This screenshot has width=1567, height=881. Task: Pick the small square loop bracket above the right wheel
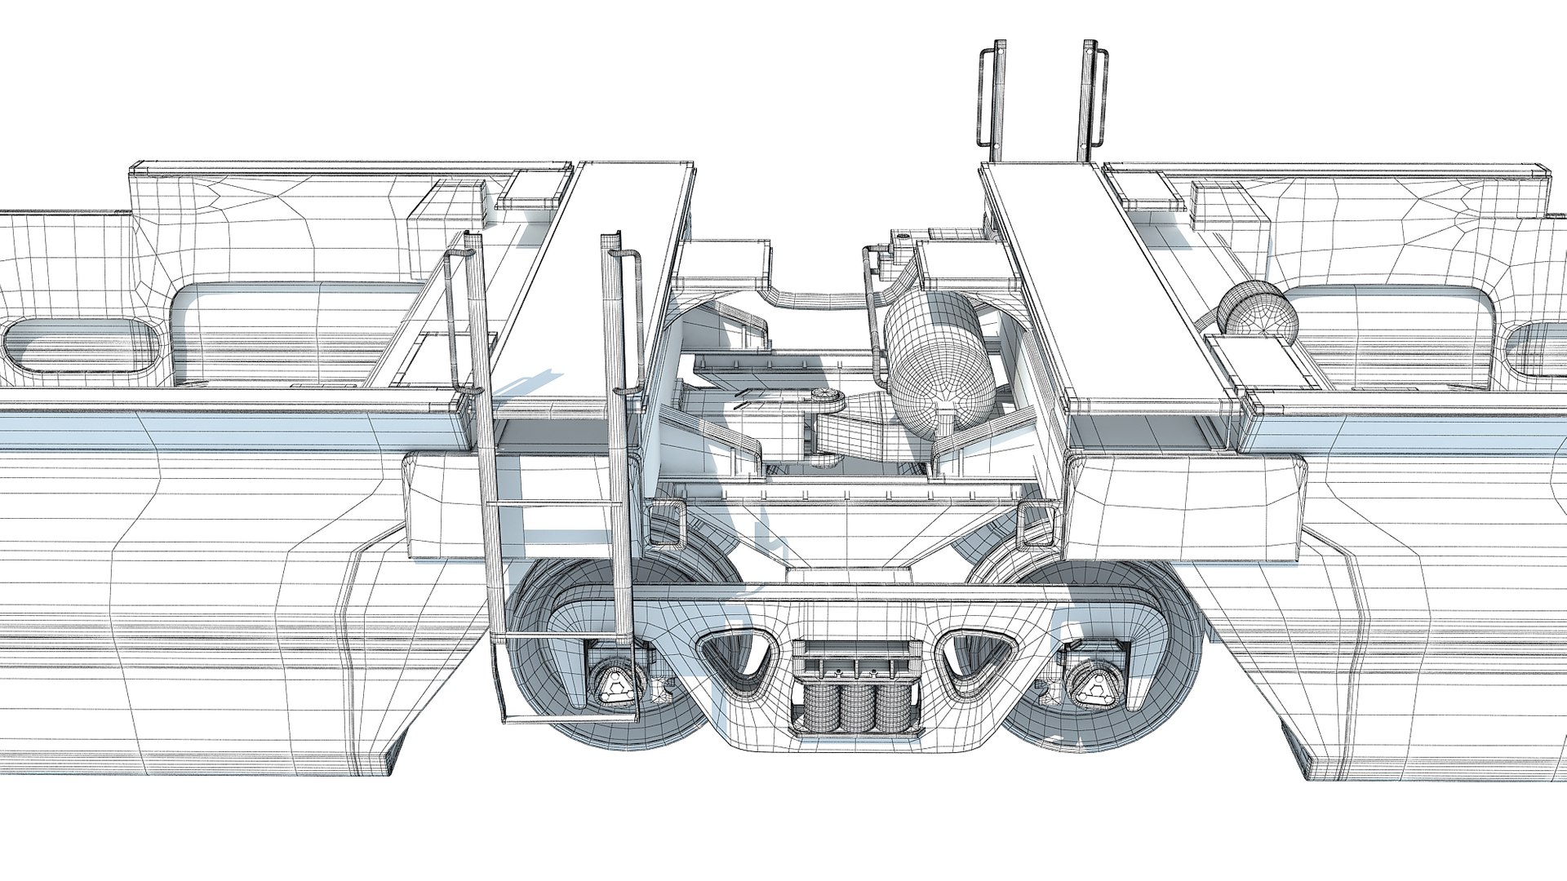(x=1035, y=522)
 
